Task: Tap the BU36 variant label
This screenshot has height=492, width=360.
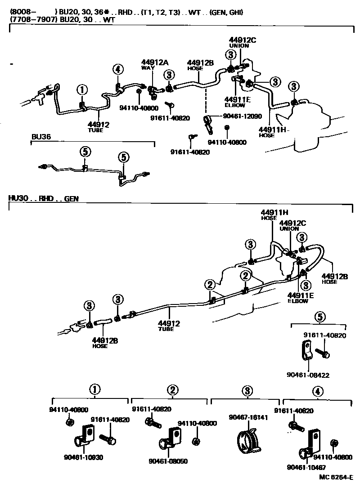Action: pyautogui.click(x=40, y=136)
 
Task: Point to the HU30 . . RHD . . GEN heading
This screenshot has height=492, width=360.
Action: pyautogui.click(x=43, y=198)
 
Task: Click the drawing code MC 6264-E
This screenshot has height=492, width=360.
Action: pyautogui.click(x=335, y=478)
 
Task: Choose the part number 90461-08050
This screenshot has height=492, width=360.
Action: pyautogui.click(x=168, y=461)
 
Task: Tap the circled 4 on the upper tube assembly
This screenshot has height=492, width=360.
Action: pyautogui.click(x=117, y=69)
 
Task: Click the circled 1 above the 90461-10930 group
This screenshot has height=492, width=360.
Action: pyautogui.click(x=94, y=389)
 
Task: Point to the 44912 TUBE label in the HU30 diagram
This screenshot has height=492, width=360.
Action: pyautogui.click(x=169, y=325)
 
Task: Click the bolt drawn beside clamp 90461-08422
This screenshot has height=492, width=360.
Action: pyautogui.click(x=322, y=353)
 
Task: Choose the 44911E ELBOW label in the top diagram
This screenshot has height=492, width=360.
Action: pyautogui.click(x=235, y=102)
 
